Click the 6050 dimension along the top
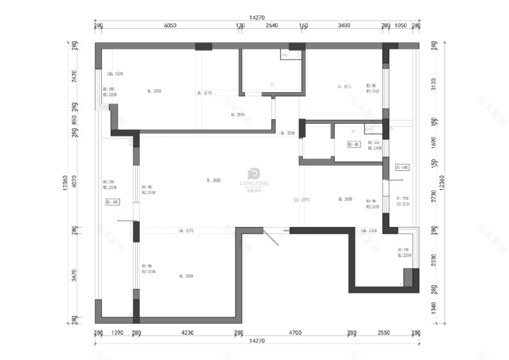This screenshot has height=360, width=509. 169,25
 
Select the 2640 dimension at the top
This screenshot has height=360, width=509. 272,25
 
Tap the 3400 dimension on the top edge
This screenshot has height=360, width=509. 344,25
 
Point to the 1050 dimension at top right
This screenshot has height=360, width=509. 400,25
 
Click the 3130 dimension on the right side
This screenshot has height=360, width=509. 434,84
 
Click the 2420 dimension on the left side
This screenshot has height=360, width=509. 73,77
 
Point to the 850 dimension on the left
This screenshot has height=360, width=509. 73,120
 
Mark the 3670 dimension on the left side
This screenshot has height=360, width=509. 73,274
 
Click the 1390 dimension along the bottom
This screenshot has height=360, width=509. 117,333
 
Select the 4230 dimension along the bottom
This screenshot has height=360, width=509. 187,333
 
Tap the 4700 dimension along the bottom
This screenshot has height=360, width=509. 294,333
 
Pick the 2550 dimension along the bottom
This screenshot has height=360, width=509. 383,333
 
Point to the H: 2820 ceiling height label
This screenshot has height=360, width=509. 213,181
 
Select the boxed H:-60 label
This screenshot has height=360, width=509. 354,144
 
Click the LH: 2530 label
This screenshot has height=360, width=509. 287,133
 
